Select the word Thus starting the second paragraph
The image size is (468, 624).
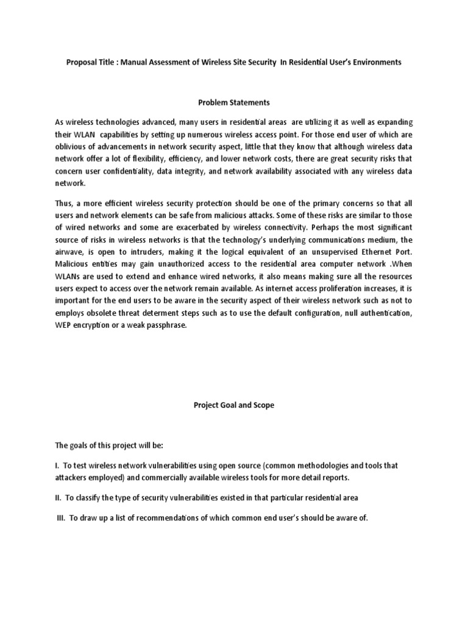(65, 202)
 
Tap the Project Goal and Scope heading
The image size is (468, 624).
(233, 405)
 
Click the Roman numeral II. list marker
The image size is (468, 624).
(59, 498)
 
